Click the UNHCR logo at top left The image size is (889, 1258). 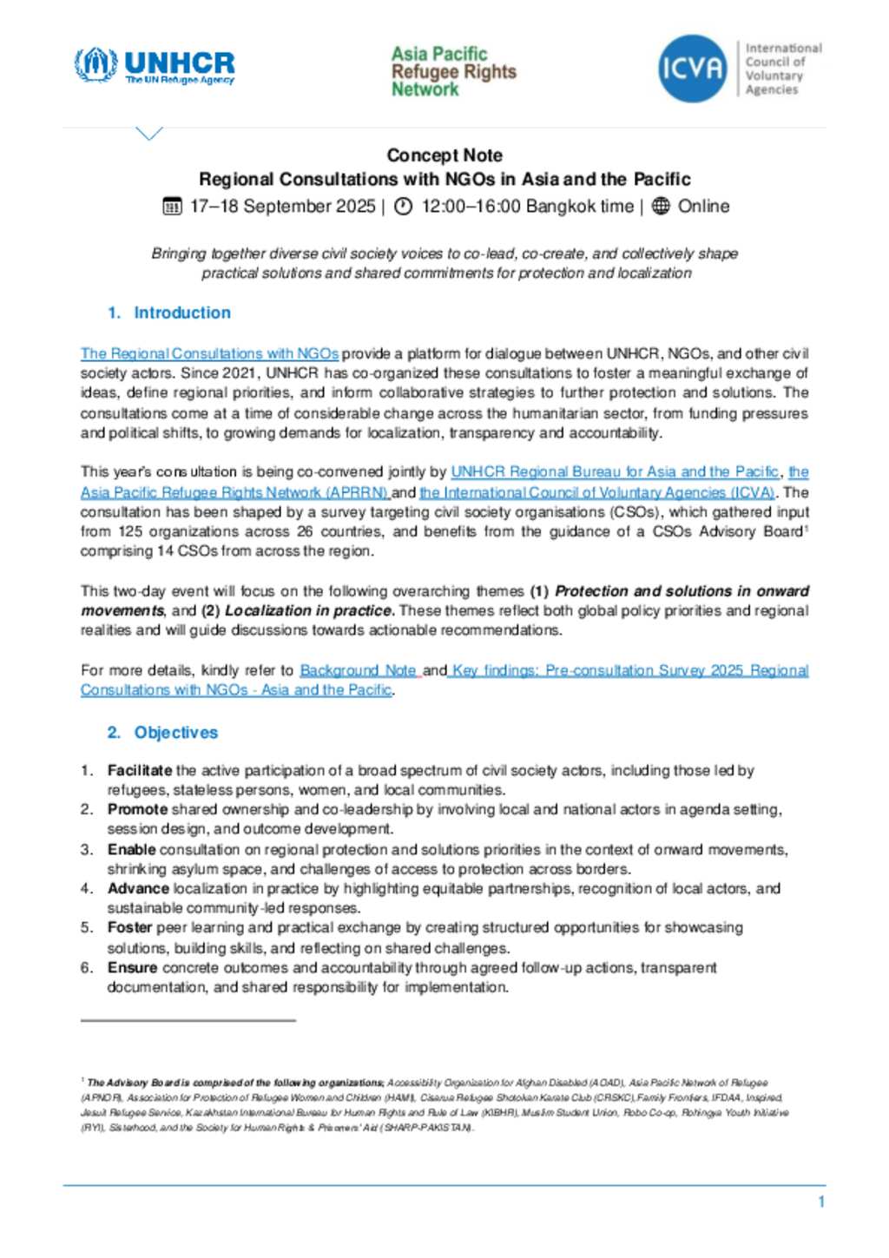tap(155, 66)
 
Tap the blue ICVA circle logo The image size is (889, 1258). tap(692, 68)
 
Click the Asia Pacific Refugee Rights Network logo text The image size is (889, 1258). tap(453, 71)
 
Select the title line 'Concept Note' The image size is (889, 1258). tap(444, 155)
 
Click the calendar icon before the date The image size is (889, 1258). tap(172, 207)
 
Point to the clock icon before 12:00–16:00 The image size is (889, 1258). tap(403, 207)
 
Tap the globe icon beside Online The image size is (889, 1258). tap(661, 207)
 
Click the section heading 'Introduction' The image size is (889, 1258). tap(182, 313)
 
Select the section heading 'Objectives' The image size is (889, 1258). tap(176, 733)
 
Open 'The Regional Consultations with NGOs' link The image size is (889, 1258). tap(209, 354)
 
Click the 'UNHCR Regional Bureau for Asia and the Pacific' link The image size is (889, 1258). tap(615, 472)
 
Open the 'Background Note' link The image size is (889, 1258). tap(358, 670)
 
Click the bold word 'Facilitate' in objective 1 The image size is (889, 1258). tap(140, 770)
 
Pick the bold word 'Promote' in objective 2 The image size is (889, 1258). tap(137, 809)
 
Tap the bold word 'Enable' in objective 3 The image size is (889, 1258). tap(132, 849)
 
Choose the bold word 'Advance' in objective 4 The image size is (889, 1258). tap(138, 888)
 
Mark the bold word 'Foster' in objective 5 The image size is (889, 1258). tap(130, 927)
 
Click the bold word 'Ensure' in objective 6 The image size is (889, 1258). tap(133, 967)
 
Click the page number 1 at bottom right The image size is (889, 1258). tap(821, 1202)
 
